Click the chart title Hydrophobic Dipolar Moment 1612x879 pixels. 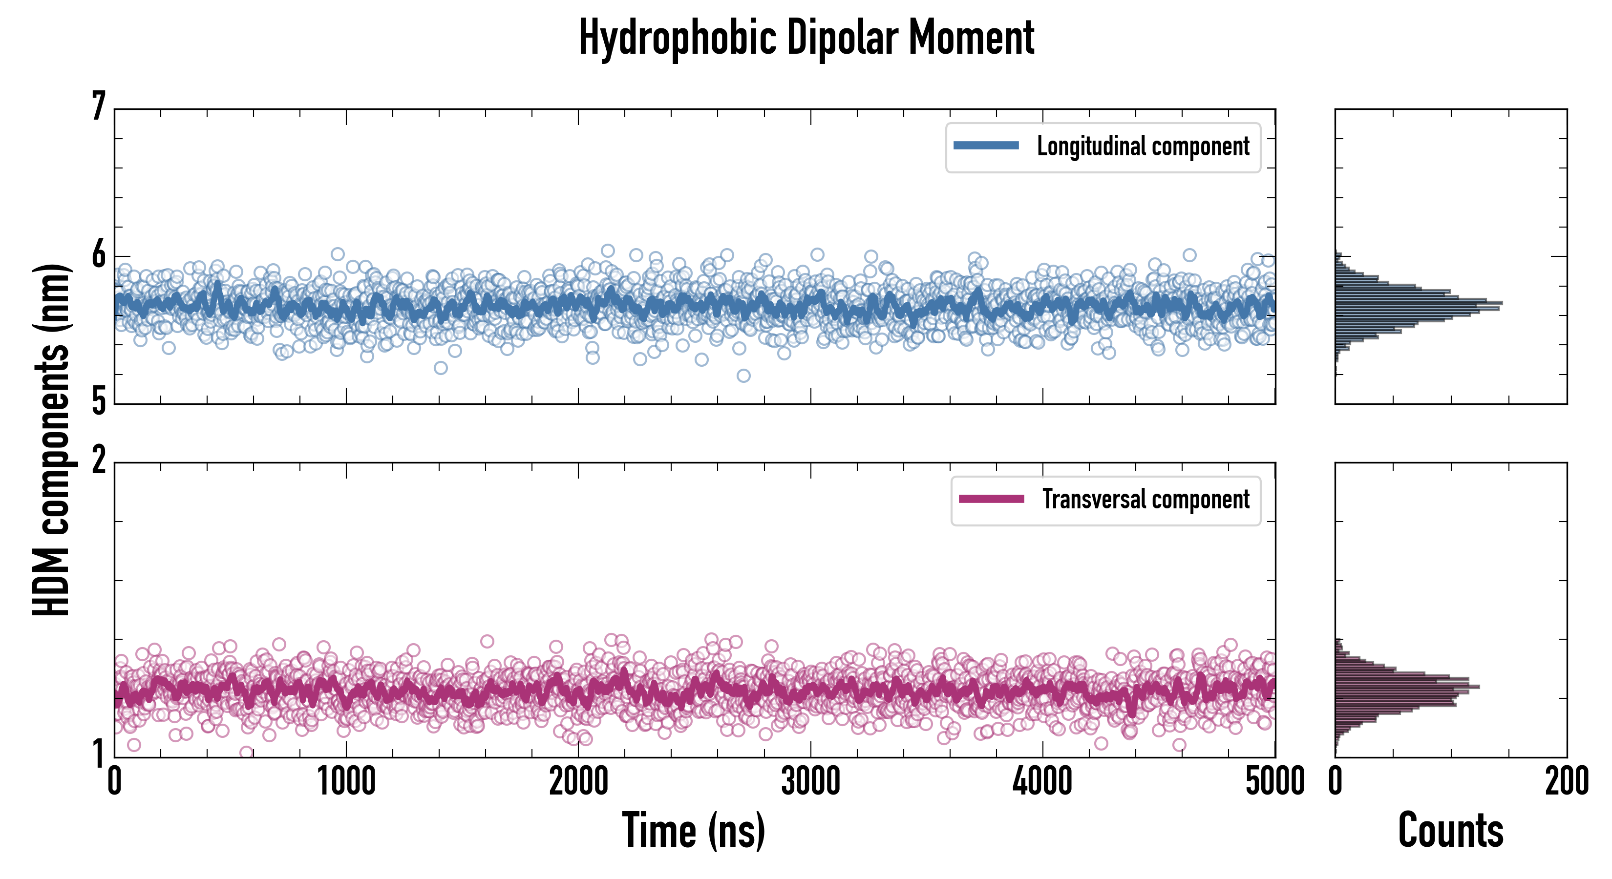point(806,38)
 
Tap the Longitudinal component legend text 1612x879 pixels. point(1143,146)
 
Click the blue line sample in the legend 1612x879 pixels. point(986,146)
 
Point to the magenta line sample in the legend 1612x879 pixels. point(991,499)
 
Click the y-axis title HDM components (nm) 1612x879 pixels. point(51,440)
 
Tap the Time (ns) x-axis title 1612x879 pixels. point(693,830)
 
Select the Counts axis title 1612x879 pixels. point(1450,830)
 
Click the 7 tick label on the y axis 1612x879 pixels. point(99,106)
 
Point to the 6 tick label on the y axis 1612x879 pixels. point(99,254)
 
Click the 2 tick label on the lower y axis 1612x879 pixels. point(99,461)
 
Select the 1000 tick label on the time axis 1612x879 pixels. point(346,782)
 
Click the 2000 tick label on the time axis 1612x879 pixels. point(578,782)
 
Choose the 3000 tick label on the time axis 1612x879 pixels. point(810,782)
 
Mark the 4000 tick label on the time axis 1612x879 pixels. point(1042,782)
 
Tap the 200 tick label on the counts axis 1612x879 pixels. point(1566,782)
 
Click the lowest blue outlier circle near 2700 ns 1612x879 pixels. point(743,376)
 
